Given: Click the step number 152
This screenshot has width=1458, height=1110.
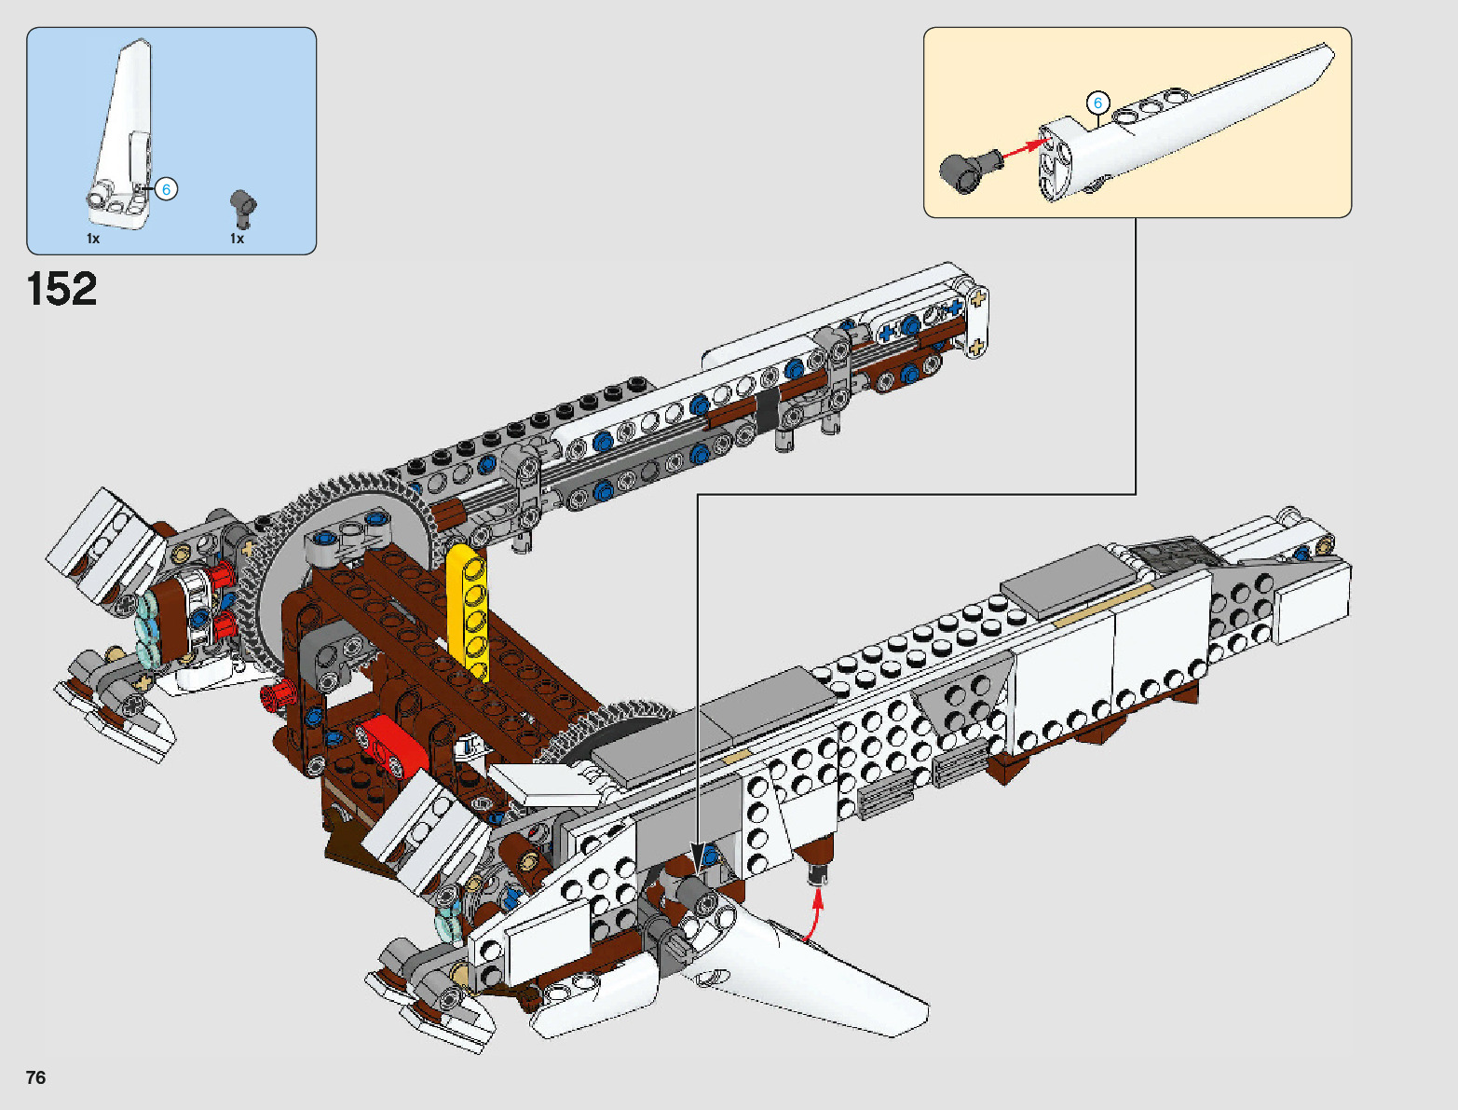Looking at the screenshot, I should [62, 289].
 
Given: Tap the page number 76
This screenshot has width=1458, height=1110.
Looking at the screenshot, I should [35, 1077].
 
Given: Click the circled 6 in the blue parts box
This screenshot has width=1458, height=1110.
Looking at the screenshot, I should [166, 189].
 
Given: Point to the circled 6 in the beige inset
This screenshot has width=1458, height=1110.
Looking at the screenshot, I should [1097, 103].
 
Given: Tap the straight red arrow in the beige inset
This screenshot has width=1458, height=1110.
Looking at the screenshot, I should [1022, 147].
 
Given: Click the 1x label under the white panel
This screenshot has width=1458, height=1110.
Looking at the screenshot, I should [93, 239].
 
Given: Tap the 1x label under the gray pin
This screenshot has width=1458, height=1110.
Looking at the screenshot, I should [238, 239].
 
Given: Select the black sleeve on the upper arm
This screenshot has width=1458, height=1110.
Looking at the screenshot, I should [766, 410].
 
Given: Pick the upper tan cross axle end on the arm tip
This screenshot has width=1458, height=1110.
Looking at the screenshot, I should [977, 300].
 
